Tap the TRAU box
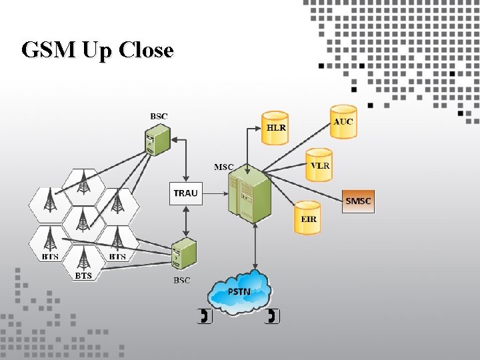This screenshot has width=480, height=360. [185, 193]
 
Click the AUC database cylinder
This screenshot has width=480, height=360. [343, 121]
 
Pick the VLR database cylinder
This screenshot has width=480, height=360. [319, 165]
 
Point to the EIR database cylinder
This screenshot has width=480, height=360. [308, 217]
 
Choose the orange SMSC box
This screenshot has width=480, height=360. [359, 201]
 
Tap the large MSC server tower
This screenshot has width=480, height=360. [249, 195]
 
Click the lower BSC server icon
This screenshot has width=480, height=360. [183, 254]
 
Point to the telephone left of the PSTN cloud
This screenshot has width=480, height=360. [205, 316]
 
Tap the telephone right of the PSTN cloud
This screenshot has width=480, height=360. [273, 316]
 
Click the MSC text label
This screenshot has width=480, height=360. [223, 167]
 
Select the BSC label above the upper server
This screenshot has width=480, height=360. [159, 116]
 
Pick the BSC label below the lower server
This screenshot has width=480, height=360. [182, 281]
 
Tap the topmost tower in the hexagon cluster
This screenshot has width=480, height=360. [84, 180]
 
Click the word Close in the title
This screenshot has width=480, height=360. [146, 50]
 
